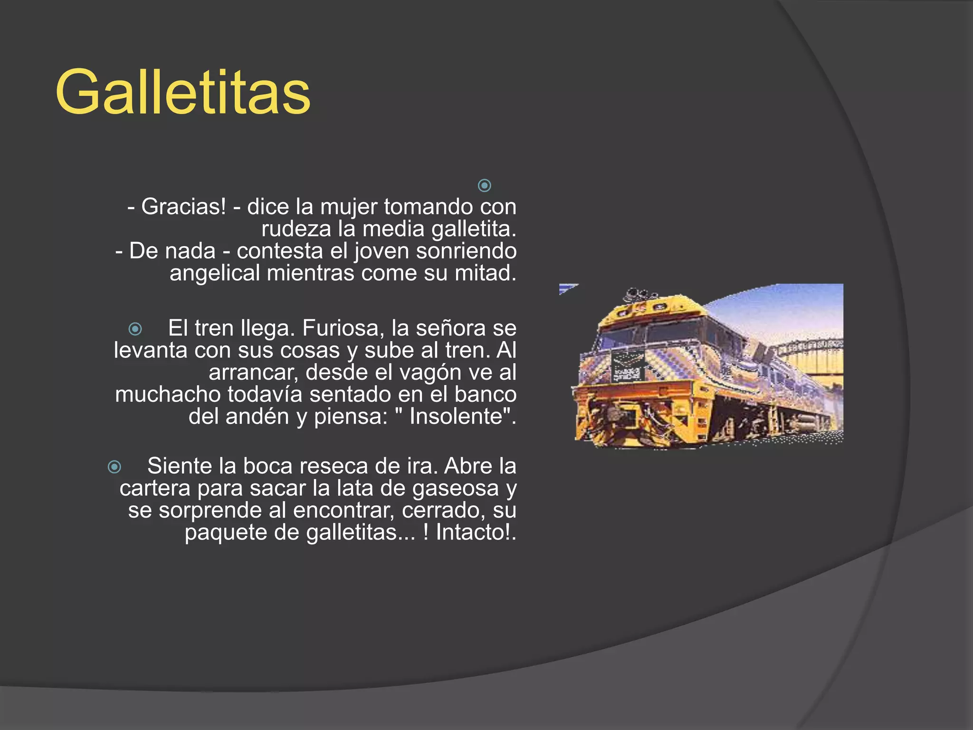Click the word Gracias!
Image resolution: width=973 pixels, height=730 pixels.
pyautogui.click(x=183, y=207)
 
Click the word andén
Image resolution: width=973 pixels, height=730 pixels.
pyautogui.click(x=257, y=417)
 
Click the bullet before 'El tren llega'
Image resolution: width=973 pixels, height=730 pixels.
pyautogui.click(x=135, y=329)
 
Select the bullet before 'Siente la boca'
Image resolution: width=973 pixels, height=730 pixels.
pyautogui.click(x=114, y=467)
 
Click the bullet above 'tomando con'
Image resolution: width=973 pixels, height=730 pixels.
pyautogui.click(x=484, y=185)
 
